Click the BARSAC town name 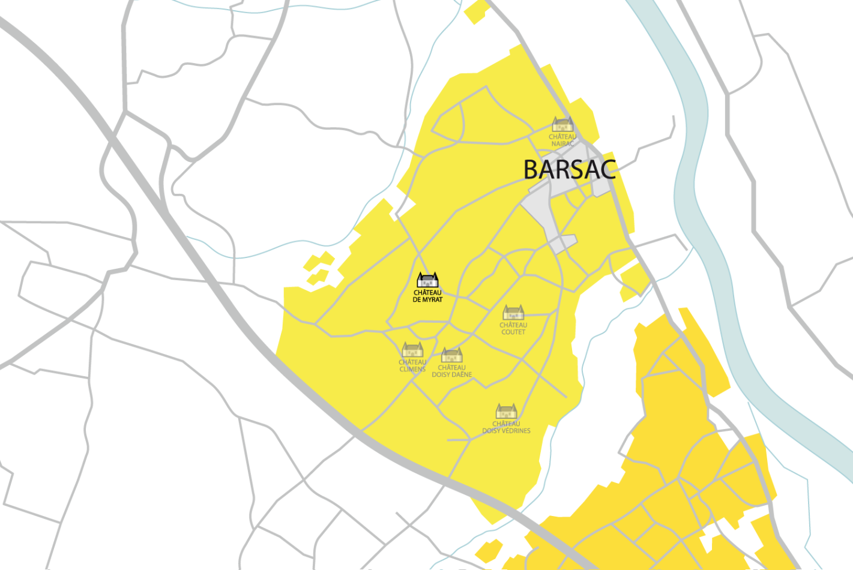(x=569, y=170)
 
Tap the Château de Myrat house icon (x=427, y=280)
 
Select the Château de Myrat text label (x=427, y=296)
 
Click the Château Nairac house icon (x=562, y=124)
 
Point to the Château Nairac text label (x=562, y=140)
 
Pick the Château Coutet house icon (x=513, y=313)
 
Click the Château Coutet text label (x=513, y=329)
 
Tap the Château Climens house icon (x=412, y=350)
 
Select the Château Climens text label (x=412, y=366)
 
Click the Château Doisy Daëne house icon (x=451, y=355)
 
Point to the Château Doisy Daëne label (x=451, y=371)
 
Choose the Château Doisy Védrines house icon (x=506, y=412)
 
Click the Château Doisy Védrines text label (x=506, y=427)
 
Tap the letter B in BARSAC (x=531, y=170)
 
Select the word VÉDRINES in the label (x=516, y=431)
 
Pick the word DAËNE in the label (x=461, y=375)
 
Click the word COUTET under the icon (x=513, y=332)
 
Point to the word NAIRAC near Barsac (x=562, y=144)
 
